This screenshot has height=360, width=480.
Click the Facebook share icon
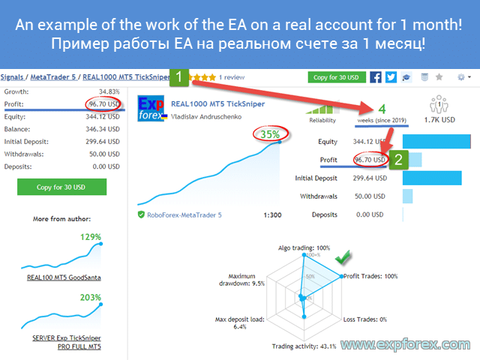click(376, 77)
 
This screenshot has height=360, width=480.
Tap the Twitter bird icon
click(391, 77)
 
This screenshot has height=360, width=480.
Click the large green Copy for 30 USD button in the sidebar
click(61, 187)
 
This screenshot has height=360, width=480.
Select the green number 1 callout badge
click(179, 77)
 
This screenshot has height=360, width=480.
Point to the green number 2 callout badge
click(398, 160)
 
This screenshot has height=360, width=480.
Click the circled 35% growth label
click(270, 134)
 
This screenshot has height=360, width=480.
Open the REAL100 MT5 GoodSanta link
click(64, 277)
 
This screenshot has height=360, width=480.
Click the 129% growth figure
click(91, 237)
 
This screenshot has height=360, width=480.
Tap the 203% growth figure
click(91, 298)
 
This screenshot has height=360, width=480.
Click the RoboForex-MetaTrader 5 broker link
click(184, 215)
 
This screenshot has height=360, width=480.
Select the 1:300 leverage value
click(272, 215)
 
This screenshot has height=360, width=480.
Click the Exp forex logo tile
click(151, 108)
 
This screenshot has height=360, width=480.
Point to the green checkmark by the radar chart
click(343, 256)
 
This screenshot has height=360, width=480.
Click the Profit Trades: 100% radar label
click(370, 276)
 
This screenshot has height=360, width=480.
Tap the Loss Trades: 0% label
click(365, 319)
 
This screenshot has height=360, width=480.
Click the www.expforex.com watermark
click(406, 345)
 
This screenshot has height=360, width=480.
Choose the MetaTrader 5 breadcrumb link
click(53, 77)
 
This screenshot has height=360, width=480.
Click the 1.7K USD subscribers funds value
click(439, 120)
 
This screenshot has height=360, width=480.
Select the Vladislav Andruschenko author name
click(206, 117)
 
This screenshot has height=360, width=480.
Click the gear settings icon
click(461, 77)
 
